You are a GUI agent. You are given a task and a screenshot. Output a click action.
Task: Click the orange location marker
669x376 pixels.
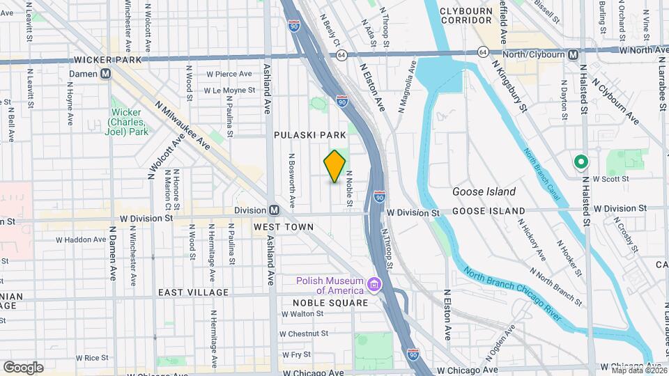[x=334, y=166]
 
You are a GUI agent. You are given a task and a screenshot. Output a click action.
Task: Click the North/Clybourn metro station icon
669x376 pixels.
[x=573, y=54]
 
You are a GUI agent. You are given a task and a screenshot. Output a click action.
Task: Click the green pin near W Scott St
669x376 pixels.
[x=580, y=162]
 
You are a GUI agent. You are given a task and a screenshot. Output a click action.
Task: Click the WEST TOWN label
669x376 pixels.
[x=284, y=227]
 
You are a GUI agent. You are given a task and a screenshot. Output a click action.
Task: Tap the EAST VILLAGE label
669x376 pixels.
[x=193, y=292]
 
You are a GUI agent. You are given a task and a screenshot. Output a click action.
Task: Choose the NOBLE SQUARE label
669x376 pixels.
[x=330, y=303]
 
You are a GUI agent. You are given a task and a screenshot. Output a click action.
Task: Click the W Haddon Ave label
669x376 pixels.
[x=81, y=240]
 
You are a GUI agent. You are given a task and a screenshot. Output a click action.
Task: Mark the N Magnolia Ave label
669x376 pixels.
[x=406, y=87]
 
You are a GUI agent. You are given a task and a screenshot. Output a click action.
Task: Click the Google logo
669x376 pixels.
[x=23, y=367]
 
